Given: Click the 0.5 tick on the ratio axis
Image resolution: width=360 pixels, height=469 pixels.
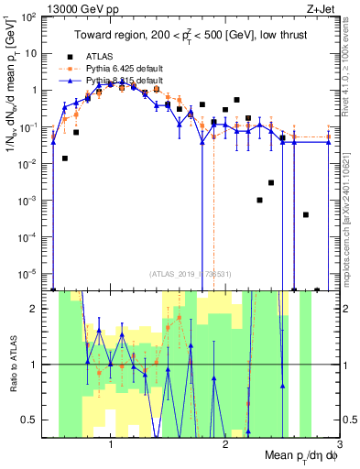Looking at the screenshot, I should pyautogui.click(x=32, y=420).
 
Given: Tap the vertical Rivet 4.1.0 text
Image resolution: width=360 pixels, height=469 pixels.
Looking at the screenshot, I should pyautogui.click(x=350, y=73).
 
